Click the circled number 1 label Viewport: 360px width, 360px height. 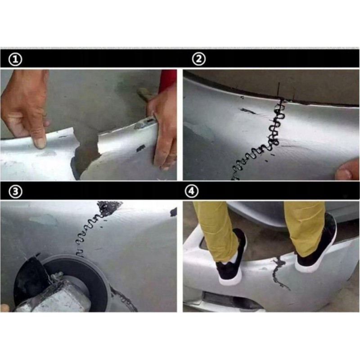click(15, 60)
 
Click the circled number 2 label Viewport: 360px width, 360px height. click(198, 59)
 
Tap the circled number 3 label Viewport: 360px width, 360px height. click(15, 191)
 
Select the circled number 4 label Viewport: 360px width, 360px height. click(192, 191)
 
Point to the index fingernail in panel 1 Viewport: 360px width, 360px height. click(40, 143)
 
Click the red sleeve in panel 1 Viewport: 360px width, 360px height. click(167, 81)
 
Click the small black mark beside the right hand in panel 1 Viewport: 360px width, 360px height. click(140, 148)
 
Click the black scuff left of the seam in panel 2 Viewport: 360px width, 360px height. click(247, 111)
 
